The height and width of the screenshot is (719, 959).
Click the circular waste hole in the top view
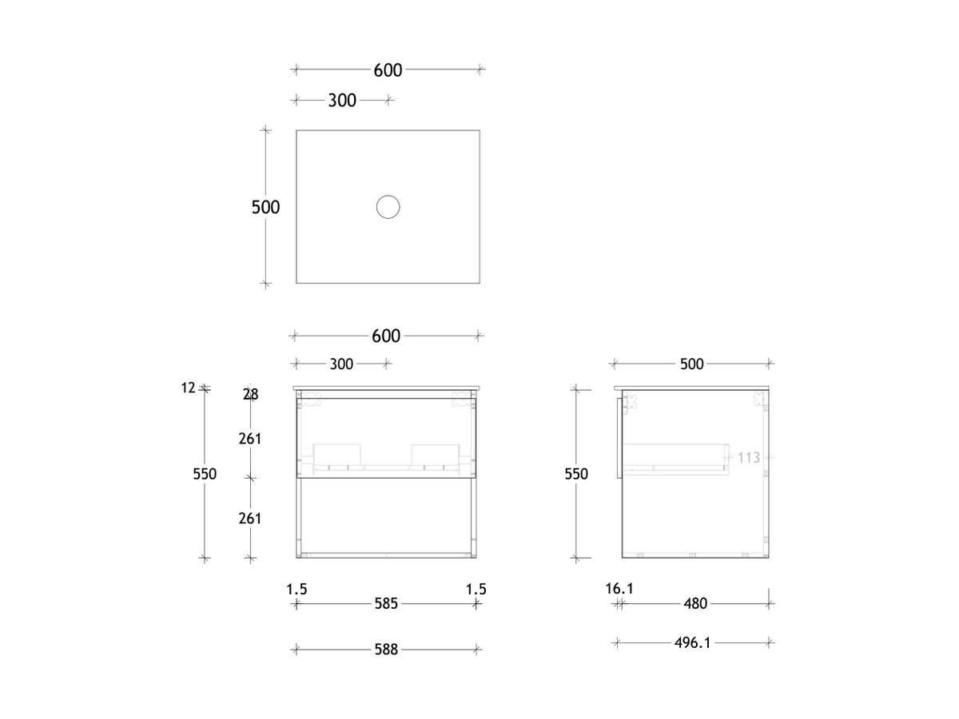(388, 208)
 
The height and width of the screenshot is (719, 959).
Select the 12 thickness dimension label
(189, 388)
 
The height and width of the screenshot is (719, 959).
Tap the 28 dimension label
(250, 394)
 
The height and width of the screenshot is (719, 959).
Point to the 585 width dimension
(386, 604)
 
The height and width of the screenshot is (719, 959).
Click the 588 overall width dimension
(386, 649)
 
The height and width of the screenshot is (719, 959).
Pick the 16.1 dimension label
(619, 589)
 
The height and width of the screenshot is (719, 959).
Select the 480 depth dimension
(695, 604)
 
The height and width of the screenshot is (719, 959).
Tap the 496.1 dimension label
(692, 642)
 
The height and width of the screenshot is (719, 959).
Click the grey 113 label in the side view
(748, 458)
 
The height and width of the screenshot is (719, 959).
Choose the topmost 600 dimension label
(388, 70)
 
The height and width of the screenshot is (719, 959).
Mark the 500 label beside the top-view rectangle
(266, 208)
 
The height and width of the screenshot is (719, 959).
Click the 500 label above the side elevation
(691, 364)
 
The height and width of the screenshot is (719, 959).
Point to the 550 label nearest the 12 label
(205, 474)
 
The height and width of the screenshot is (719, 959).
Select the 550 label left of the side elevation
(575, 474)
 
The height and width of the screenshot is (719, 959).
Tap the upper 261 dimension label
(250, 439)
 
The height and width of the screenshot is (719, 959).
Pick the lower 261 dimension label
(250, 518)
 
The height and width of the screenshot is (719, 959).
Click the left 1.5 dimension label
(296, 590)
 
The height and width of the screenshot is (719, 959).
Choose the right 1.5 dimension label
(476, 590)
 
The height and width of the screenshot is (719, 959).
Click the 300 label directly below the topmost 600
(342, 101)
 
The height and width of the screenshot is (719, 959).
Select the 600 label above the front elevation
(386, 336)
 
